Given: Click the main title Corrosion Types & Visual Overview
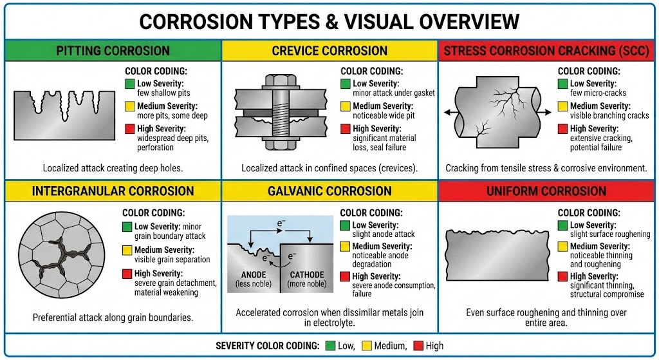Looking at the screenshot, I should (x=329, y=21).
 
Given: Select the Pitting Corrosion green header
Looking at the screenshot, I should (x=113, y=51).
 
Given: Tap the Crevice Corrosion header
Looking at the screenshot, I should (x=329, y=51).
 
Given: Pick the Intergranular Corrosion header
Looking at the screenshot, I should (x=113, y=191).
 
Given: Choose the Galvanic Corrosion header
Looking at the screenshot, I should (x=329, y=191).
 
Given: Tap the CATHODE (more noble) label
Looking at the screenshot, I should (x=306, y=279).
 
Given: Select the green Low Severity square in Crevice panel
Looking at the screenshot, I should (x=346, y=84).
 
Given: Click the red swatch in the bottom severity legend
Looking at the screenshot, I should (x=417, y=346).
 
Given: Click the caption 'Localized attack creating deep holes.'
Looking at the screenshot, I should (x=113, y=168).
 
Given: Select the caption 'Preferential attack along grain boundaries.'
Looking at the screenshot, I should (x=113, y=317).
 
